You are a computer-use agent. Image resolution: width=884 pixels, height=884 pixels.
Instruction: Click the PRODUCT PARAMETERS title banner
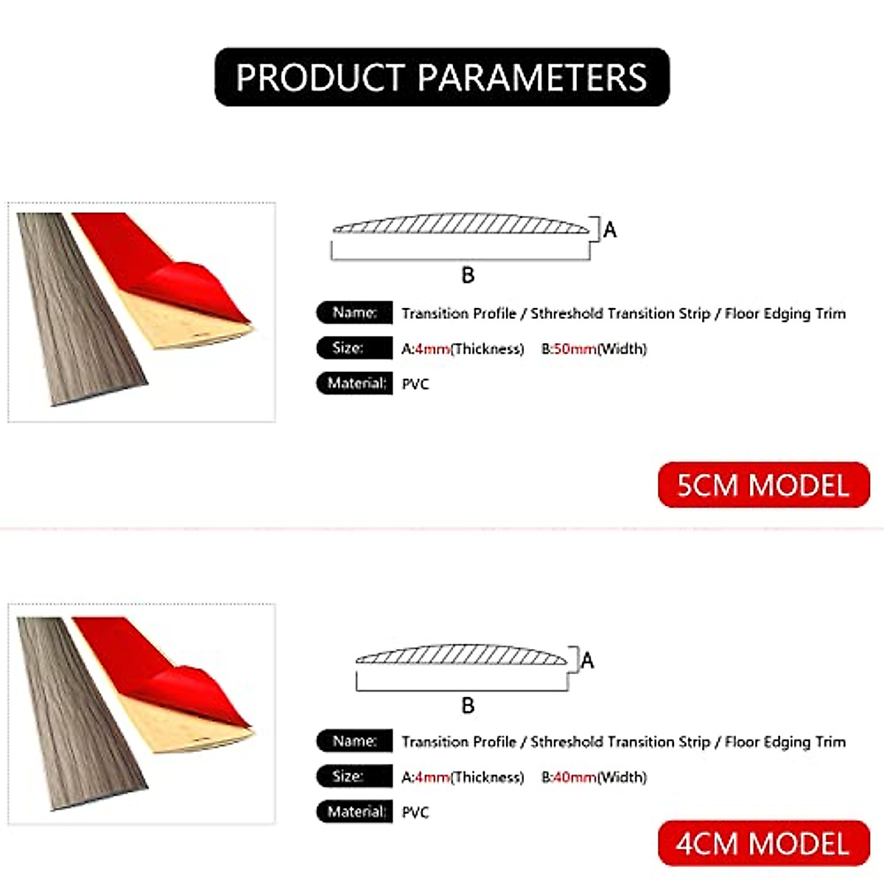click(442, 77)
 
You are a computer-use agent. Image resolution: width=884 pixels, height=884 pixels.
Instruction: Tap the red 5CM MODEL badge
click(763, 485)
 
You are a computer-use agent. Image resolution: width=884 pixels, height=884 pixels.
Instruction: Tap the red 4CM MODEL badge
click(763, 843)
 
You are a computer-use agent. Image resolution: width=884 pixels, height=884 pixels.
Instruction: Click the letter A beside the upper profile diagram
click(610, 231)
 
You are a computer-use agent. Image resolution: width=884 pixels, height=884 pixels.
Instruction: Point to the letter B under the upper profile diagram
click(468, 276)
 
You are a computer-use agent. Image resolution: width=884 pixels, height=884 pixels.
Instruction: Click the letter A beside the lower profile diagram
click(587, 661)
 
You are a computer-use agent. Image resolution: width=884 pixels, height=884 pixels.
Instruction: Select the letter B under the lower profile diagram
click(468, 706)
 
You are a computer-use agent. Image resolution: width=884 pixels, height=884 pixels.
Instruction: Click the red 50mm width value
click(575, 348)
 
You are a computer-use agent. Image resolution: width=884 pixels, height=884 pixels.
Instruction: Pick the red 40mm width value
click(575, 777)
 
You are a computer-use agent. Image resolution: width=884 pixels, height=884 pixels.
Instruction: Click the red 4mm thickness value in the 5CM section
click(432, 348)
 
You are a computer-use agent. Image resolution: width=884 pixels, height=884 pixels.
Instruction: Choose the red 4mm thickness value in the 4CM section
click(432, 777)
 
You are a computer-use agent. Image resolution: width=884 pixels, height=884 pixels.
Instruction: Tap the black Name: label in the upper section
click(354, 312)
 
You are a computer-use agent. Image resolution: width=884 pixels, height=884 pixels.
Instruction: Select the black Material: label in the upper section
click(354, 383)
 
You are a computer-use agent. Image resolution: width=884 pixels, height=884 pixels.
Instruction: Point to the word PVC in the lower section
click(415, 813)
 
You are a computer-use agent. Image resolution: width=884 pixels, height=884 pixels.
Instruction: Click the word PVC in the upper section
click(415, 384)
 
